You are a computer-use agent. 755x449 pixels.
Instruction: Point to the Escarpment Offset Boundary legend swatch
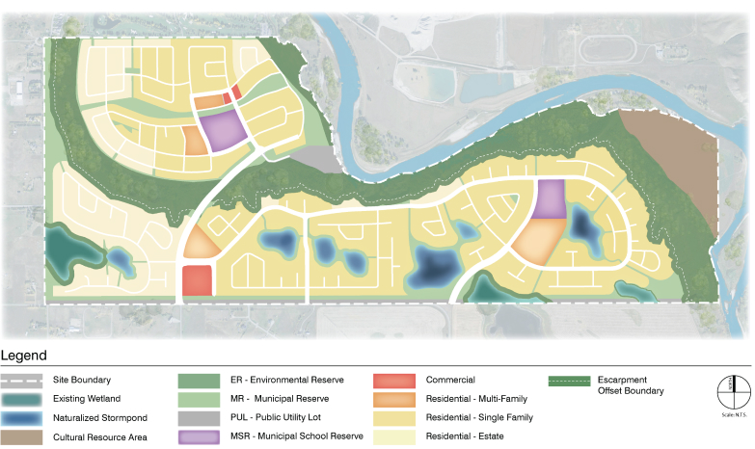pyautogui.click(x=569, y=380)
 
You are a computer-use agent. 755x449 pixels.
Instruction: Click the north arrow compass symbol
pyautogui.click(x=731, y=387)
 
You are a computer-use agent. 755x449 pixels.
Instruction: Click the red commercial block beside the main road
pyautogui.click(x=197, y=281)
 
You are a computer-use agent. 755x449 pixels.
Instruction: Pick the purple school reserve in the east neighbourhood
pyautogui.click(x=551, y=199)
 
